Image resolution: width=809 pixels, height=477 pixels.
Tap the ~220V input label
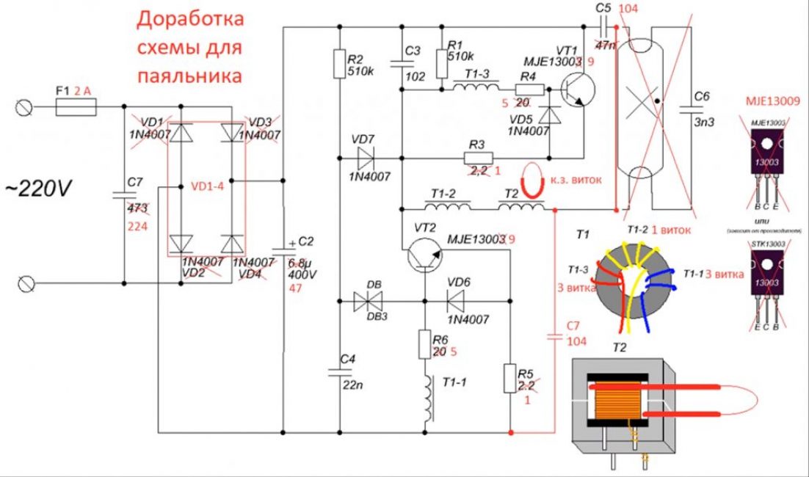[40, 190]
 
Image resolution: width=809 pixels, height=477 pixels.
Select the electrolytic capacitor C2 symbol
[283, 250]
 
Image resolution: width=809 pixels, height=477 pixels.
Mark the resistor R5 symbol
[509, 378]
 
